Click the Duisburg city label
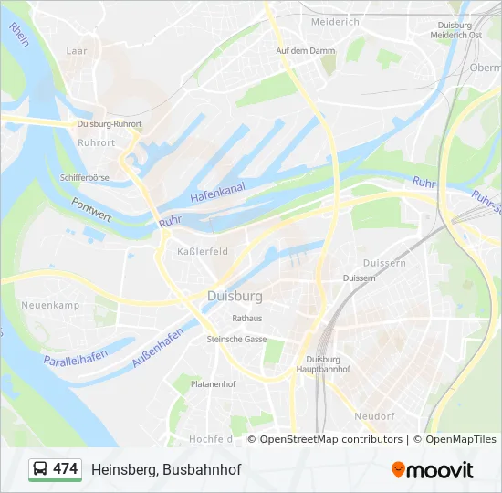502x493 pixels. pos(235,297)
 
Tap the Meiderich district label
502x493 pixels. pos(335,21)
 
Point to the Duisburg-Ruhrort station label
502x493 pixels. pos(110,124)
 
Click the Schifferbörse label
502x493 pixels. pos(85,178)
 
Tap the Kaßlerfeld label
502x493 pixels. pos(202,251)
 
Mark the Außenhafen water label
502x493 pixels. pos(157,348)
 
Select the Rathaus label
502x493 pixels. pos(246,319)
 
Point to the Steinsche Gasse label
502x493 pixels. pos(236,339)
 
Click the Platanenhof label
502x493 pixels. pos(213,384)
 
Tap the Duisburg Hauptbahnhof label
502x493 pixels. pos(323,364)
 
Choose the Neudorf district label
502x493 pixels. pos(373,415)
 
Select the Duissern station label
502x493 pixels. pos(359,278)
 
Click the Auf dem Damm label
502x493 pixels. pos(299,50)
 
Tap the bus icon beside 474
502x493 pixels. pos(41,469)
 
